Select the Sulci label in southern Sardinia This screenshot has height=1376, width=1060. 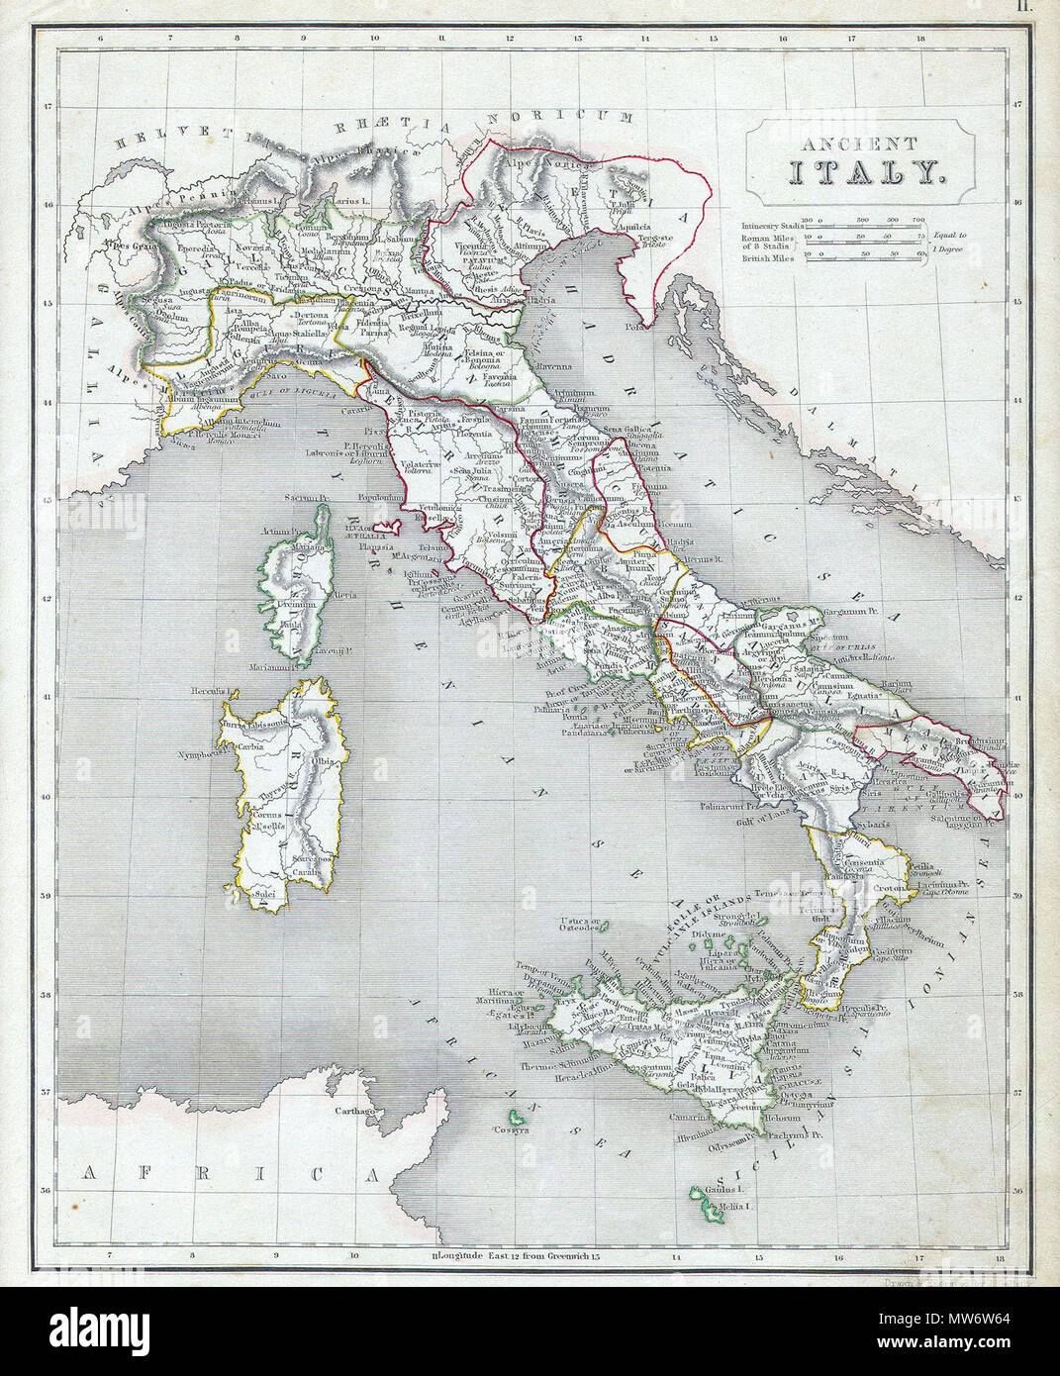click(264, 895)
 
